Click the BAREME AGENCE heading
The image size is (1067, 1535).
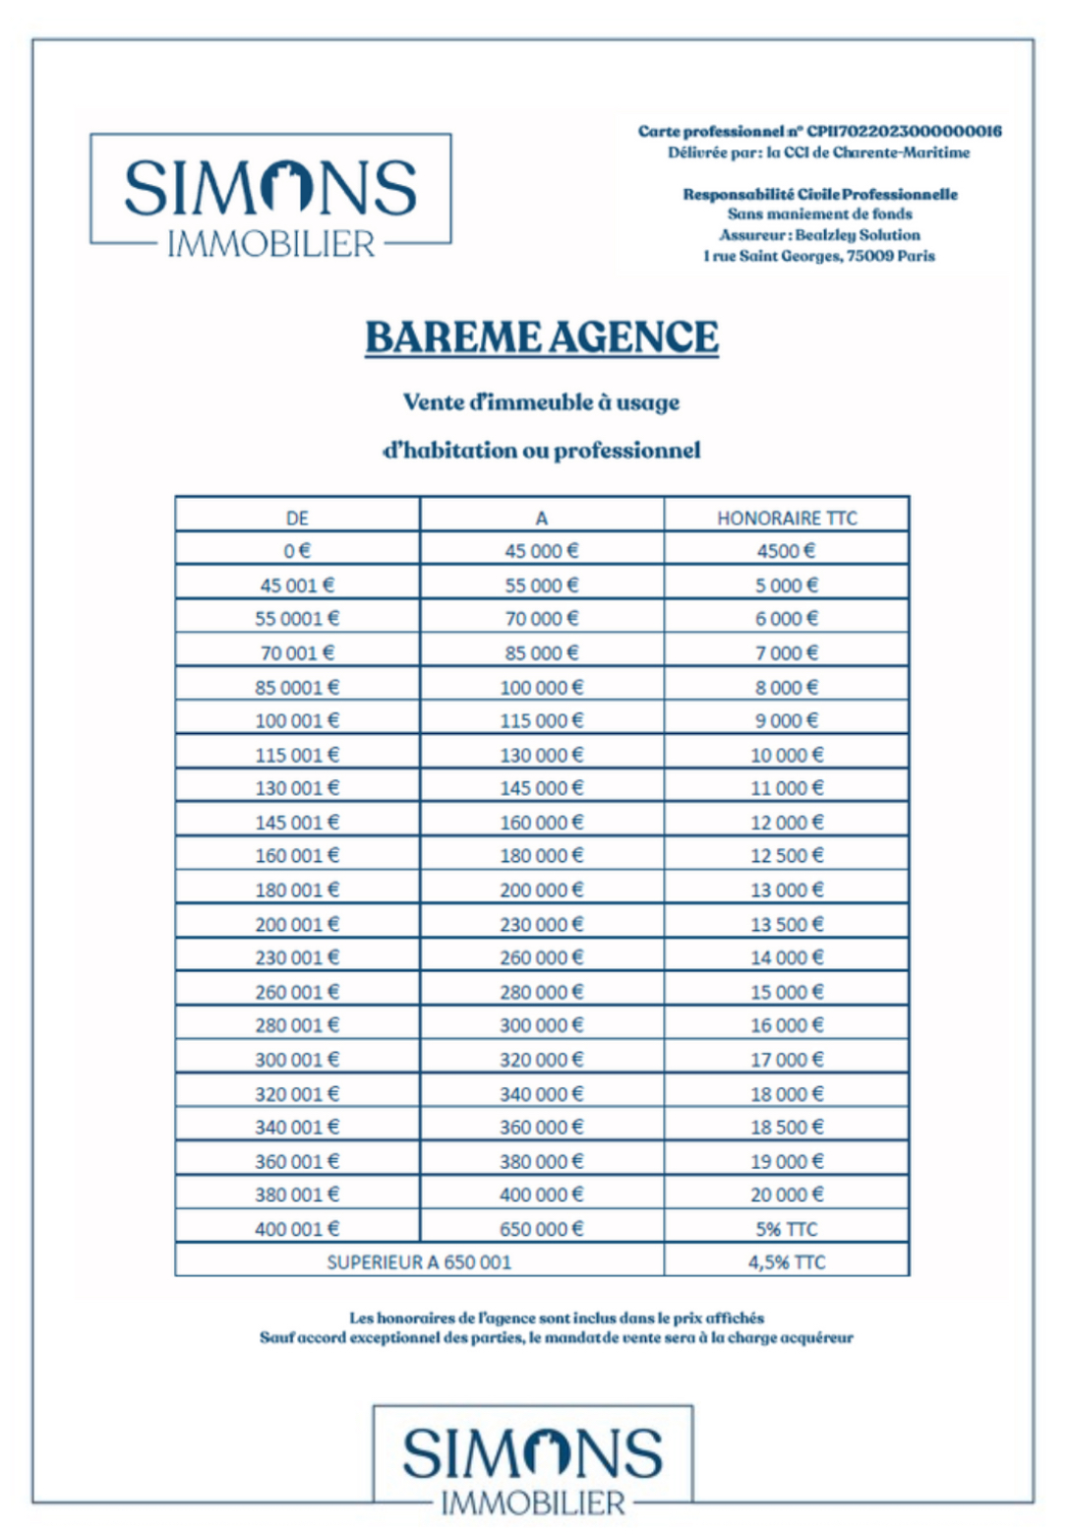coord(541,338)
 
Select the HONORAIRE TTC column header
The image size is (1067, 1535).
coord(786,518)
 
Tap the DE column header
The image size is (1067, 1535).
coord(297,518)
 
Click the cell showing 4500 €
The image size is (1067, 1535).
coord(786,551)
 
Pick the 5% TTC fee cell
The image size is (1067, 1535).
coord(786,1229)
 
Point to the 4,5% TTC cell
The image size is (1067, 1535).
coord(786,1262)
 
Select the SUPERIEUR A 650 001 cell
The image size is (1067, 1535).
coord(419,1262)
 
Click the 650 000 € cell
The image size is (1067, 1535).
coord(541,1229)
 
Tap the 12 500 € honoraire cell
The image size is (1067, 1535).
coord(786,856)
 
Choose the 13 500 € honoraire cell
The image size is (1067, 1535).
coord(786,924)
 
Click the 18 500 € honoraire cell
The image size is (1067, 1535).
coord(786,1128)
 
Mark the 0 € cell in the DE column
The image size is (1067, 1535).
coord(297,551)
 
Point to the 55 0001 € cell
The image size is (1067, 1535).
coord(297,619)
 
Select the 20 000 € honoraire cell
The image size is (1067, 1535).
coord(786,1195)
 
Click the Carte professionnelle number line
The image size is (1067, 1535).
coord(819,131)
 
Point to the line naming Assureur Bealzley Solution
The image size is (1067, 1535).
coord(819,235)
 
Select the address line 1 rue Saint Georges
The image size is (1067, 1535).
coord(819,256)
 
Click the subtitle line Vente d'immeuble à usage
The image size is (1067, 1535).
coord(541,402)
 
